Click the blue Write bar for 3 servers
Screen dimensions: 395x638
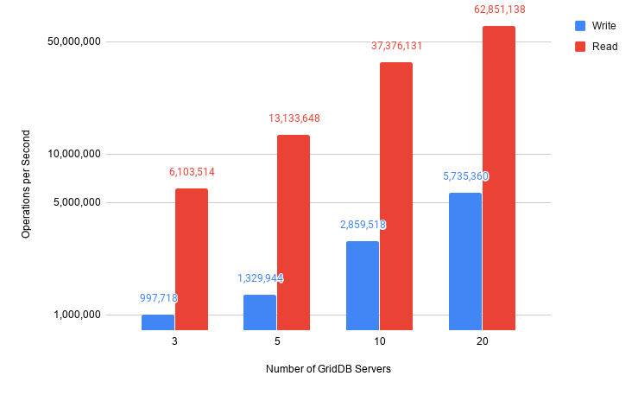click(158, 322)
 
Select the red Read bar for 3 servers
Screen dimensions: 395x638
click(192, 259)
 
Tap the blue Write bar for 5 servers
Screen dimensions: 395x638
click(260, 312)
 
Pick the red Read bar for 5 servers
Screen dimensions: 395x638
click(294, 233)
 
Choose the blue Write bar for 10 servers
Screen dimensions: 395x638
click(363, 285)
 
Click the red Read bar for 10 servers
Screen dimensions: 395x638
click(396, 196)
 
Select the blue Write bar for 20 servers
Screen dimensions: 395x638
click(465, 261)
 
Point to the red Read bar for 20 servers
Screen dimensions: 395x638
click(499, 178)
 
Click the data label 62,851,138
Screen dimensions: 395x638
click(499, 10)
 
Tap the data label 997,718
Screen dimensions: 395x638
click(158, 298)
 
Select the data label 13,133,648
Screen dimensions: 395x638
click(294, 118)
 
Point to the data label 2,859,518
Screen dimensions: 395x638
click(363, 225)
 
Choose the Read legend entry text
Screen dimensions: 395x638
click(604, 47)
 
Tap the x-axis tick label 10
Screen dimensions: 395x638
click(379, 342)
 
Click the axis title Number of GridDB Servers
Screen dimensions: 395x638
click(328, 370)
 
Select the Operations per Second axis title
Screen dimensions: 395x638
click(26, 184)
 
